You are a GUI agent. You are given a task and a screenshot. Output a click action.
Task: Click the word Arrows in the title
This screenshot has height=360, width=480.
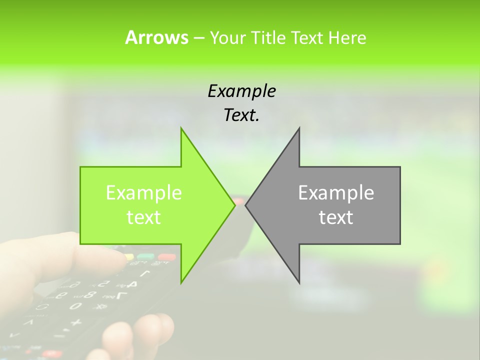pos(156,37)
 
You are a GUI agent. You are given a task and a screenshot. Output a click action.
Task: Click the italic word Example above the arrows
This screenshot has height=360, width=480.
pos(241,91)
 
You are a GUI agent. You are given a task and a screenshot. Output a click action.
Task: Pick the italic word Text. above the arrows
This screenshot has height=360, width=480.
pos(241,115)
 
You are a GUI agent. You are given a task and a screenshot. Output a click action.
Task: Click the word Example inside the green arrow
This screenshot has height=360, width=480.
pos(143,193)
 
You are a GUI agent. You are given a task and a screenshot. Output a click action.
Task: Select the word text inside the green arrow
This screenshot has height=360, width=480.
pos(143,217)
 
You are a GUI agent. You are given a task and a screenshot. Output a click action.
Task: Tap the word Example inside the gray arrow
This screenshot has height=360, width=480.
pos(336,193)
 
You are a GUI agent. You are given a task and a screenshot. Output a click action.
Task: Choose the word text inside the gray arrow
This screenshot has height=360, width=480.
pos(336,217)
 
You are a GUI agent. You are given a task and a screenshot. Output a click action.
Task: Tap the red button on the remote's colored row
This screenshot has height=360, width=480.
pos(166,257)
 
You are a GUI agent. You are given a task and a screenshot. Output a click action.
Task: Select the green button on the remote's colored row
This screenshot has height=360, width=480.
pos(145,257)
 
